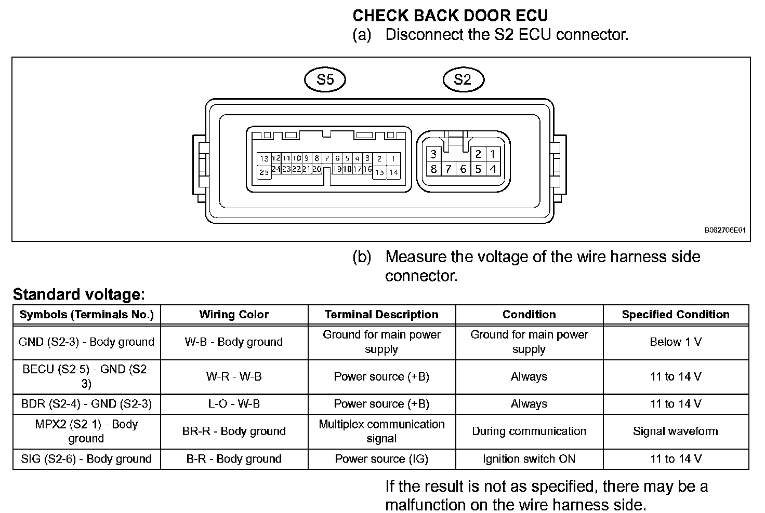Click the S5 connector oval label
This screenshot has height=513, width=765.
(x=325, y=80)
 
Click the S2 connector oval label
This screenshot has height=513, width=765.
(x=463, y=80)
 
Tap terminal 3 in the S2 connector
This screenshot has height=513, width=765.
(x=433, y=154)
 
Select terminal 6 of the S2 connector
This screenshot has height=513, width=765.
(x=463, y=169)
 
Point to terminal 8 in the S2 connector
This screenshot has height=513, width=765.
(x=433, y=169)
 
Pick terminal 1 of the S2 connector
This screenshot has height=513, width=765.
(x=493, y=154)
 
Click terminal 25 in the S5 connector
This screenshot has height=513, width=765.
(x=264, y=172)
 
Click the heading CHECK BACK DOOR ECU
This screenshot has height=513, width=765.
(x=450, y=16)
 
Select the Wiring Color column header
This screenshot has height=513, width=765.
(x=234, y=315)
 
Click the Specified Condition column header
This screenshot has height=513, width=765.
(x=676, y=315)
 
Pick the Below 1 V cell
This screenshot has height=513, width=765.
(x=676, y=342)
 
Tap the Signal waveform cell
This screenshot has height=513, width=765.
(x=676, y=431)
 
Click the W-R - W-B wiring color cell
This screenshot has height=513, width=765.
(x=234, y=376)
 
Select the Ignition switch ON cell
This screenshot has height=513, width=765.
(x=529, y=459)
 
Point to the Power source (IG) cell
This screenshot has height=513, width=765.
(x=381, y=459)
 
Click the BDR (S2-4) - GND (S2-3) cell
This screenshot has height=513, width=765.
(x=86, y=404)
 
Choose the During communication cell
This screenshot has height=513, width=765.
(x=529, y=431)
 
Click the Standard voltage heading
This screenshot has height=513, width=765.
(x=78, y=295)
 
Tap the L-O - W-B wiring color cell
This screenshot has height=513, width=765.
(x=234, y=404)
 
